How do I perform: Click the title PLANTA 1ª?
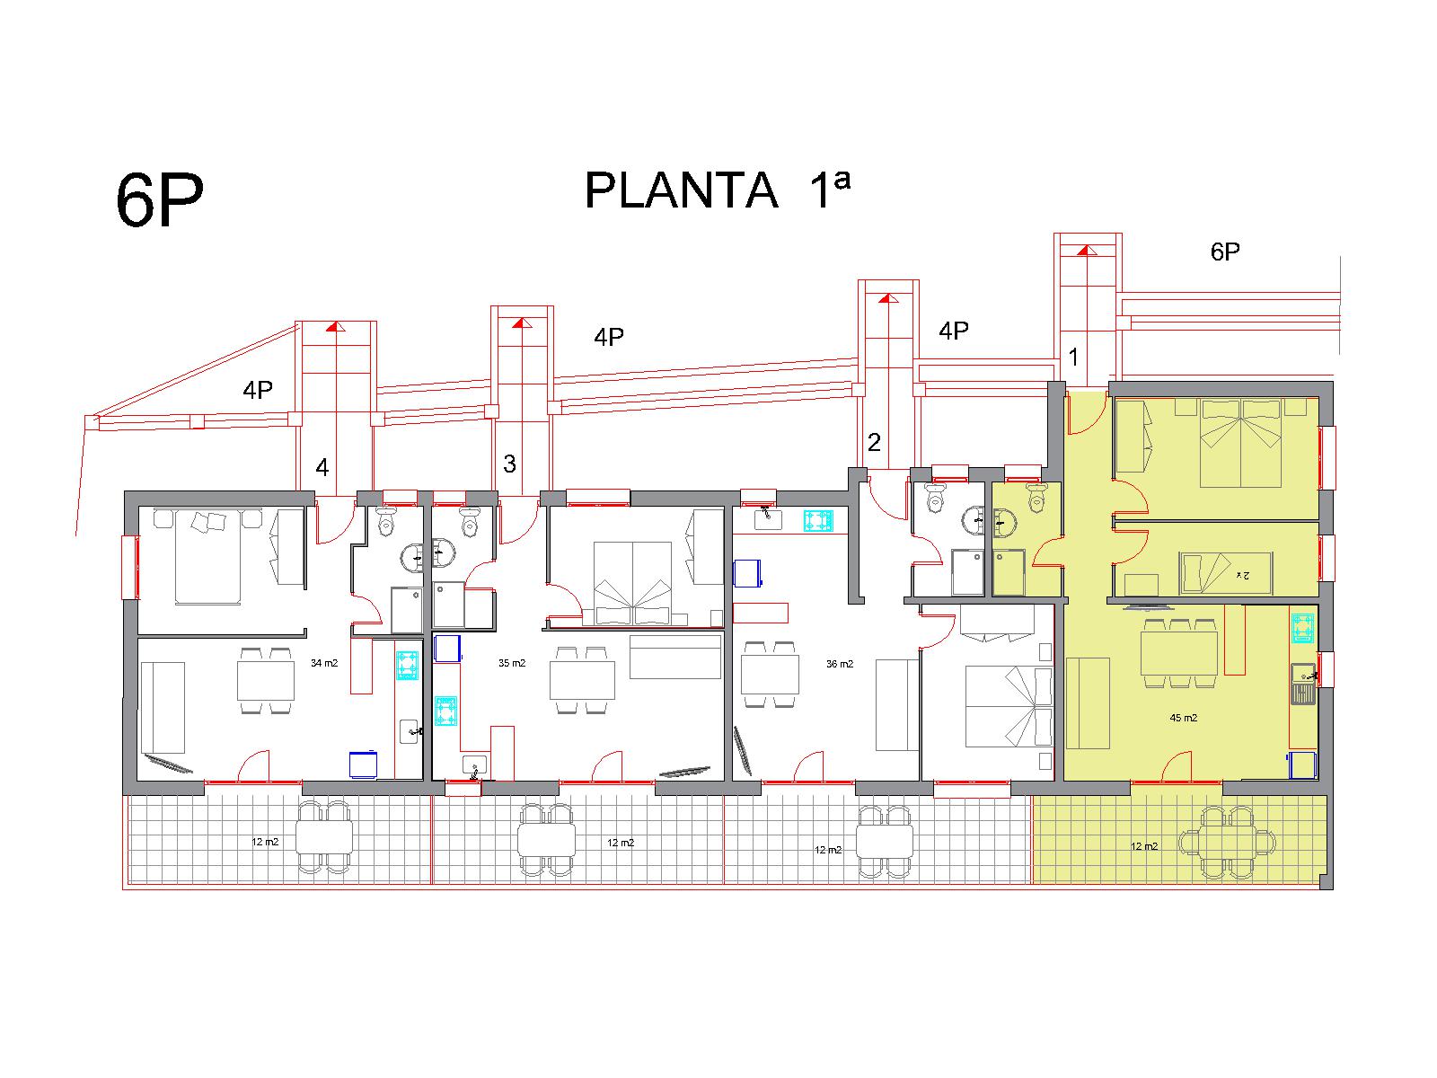pos(717,190)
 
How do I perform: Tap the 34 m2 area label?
pos(324,663)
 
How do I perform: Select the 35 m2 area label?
pos(512,663)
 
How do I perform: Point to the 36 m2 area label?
pos(839,664)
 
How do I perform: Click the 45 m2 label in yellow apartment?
pos(1183,718)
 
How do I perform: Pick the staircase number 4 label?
pos(322,467)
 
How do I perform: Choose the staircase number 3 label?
pos(509,464)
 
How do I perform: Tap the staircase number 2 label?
pos(874,443)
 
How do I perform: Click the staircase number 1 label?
pos(1073,358)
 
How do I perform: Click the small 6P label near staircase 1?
pos(1225,252)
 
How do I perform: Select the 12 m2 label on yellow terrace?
pos(1143,846)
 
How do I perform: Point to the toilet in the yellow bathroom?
pos(1037,498)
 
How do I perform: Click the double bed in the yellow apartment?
pos(1240,444)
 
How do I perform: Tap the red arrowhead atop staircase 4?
pos(335,326)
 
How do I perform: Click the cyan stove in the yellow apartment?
pos(1302,628)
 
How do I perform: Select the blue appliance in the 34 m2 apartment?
pos(363,764)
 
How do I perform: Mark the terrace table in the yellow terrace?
pos(1228,842)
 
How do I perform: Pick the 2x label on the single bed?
pos(1242,575)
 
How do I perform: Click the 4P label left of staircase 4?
pos(257,390)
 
